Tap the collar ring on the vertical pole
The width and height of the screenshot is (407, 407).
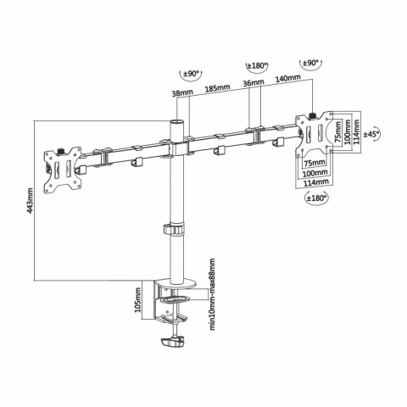point(176,231)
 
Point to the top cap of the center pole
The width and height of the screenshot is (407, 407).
point(177,124)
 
